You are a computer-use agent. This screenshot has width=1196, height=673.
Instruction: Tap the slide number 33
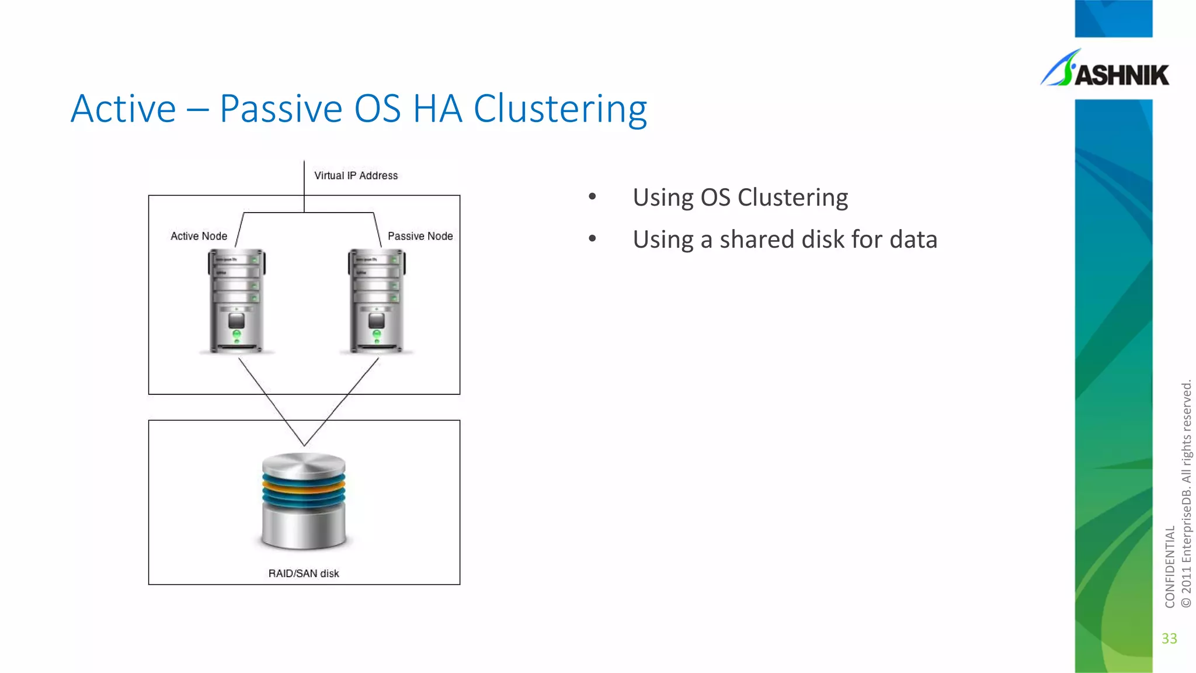1169,639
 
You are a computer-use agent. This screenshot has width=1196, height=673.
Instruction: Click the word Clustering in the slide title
560,109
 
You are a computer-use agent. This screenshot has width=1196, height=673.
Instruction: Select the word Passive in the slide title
281,109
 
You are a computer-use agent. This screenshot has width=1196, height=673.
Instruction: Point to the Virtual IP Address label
356,175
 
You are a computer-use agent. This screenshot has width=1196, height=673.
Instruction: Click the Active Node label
199,236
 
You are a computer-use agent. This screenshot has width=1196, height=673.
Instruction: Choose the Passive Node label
420,236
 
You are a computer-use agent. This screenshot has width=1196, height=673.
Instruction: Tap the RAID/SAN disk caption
304,574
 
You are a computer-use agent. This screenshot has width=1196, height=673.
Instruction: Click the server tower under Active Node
237,301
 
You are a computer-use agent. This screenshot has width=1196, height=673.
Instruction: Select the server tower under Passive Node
377,301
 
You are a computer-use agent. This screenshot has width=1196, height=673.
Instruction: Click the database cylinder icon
304,501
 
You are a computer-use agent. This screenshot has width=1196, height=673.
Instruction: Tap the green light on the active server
237,334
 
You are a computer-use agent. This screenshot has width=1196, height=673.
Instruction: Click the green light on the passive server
377,334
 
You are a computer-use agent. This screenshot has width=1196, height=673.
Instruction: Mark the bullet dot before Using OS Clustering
592,196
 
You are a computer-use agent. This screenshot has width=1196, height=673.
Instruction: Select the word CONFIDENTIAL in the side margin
1169,567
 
